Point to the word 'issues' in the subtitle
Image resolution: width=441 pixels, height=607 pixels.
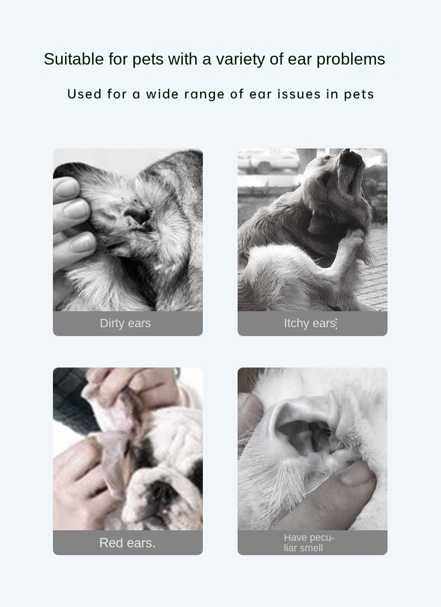coord(299,94)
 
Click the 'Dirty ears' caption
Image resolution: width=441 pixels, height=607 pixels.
coord(125,323)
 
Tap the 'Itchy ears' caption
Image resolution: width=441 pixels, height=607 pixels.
coord(310,323)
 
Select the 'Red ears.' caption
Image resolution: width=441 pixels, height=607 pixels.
coord(127,543)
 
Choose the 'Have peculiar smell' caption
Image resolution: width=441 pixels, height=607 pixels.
coord(309,543)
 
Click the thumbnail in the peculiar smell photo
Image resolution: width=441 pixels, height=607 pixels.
coord(356,473)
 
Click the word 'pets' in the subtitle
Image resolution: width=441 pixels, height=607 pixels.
coord(359,94)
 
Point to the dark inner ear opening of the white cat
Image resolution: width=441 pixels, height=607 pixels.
coord(306,433)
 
